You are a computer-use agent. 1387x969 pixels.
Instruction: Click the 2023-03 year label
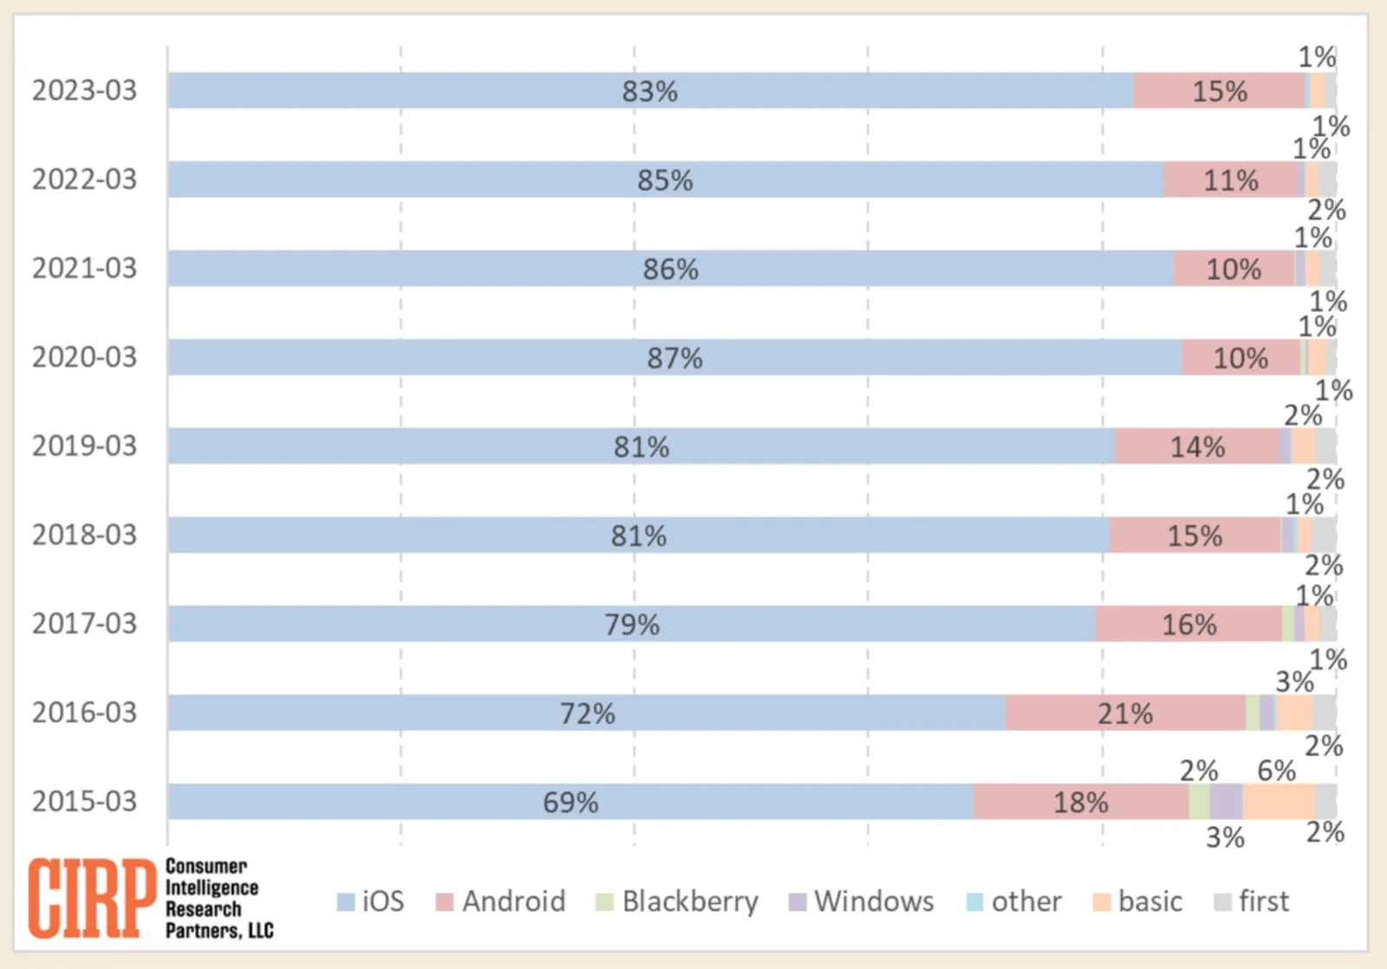(x=84, y=90)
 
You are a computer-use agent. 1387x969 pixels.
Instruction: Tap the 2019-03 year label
(x=84, y=445)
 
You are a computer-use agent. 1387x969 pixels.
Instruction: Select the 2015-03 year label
(x=84, y=801)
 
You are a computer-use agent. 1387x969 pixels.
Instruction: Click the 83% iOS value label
(x=649, y=91)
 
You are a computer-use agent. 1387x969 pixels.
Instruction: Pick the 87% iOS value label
(x=674, y=358)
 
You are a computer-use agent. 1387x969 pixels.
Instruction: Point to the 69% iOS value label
(x=570, y=803)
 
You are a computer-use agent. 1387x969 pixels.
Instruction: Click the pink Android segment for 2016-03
(x=1125, y=712)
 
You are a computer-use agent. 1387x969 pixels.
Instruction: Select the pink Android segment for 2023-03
(x=1218, y=90)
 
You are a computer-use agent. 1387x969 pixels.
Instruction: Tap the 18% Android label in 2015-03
(x=1080, y=803)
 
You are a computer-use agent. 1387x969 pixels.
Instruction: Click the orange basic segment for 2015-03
(x=1279, y=802)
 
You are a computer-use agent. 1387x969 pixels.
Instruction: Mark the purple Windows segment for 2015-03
(x=1226, y=802)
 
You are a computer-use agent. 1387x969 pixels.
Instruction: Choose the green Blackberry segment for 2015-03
(x=1199, y=802)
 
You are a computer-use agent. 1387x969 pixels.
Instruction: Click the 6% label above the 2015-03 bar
(x=1276, y=771)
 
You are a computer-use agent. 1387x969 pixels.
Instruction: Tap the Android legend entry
(x=501, y=901)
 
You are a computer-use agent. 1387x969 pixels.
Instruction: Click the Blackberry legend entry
(x=677, y=901)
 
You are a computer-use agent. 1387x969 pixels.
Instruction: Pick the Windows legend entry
(x=862, y=901)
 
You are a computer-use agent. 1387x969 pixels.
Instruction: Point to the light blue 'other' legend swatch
(x=975, y=902)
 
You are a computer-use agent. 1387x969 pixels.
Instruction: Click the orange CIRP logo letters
(x=91, y=898)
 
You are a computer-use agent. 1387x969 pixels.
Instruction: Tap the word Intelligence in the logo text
(x=212, y=888)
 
